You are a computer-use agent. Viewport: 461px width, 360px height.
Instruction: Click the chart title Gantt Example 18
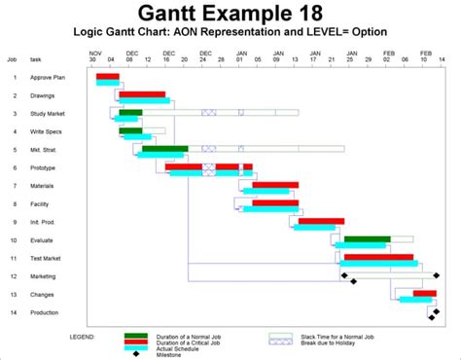pyautogui.click(x=230, y=13)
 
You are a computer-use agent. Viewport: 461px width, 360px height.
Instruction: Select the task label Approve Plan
pyautogui.click(x=48, y=76)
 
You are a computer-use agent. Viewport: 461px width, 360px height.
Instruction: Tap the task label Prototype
pyautogui.click(x=44, y=167)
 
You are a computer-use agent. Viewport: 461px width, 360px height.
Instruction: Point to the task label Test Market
pyautogui.click(x=46, y=258)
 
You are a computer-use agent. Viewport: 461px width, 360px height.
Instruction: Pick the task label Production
pyautogui.click(x=45, y=312)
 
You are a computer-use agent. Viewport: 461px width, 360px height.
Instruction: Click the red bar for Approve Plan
pyautogui.click(x=108, y=76)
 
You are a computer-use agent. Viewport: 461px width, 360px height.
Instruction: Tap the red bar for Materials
pyautogui.click(x=275, y=185)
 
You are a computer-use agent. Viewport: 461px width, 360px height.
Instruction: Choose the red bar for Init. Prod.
pyautogui.click(x=321, y=221)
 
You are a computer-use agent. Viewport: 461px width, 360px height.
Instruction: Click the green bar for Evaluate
pyautogui.click(x=367, y=238)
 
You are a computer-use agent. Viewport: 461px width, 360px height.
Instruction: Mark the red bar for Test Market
pyautogui.click(x=378, y=257)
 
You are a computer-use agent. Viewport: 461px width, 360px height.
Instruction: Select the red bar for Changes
pyautogui.click(x=424, y=293)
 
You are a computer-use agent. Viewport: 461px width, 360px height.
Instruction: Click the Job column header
pyautogui.click(x=12, y=59)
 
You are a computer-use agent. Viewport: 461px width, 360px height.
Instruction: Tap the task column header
pyautogui.click(x=35, y=59)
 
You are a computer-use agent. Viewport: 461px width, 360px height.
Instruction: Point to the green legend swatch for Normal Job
pyautogui.click(x=136, y=335)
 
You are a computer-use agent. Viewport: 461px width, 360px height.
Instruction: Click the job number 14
pyautogui.click(x=14, y=312)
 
